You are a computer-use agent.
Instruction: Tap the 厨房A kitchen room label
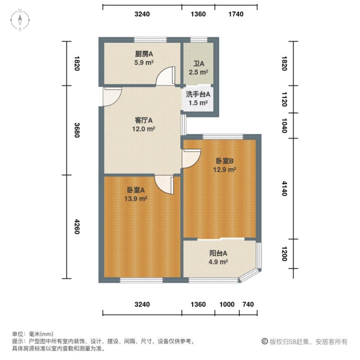coord(144,54)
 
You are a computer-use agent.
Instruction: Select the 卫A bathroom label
coord(199,64)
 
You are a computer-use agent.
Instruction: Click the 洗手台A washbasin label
coord(198,95)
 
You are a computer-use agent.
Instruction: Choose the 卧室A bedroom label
coord(136,190)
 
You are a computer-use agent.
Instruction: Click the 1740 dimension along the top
coord(236,14)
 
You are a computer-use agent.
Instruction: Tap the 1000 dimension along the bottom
coord(227,305)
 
